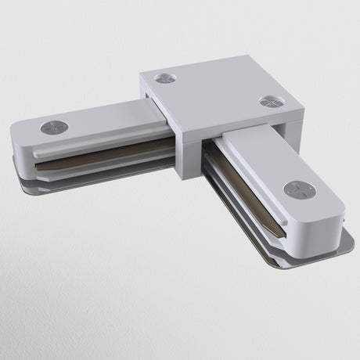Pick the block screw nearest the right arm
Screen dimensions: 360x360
point(268,101)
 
